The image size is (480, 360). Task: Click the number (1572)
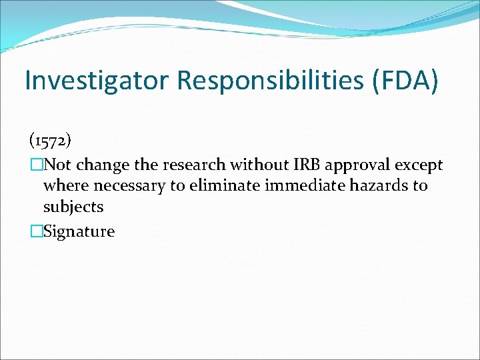click(x=51, y=141)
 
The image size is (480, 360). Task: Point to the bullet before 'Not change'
click(x=35, y=165)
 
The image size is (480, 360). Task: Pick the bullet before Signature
click(x=35, y=231)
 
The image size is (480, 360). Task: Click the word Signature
click(x=79, y=232)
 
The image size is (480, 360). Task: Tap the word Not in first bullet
click(x=58, y=165)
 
